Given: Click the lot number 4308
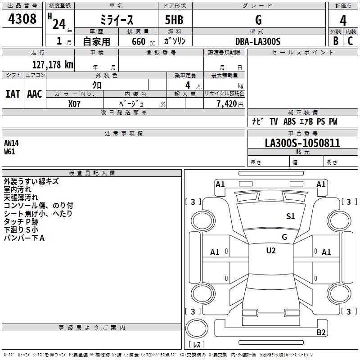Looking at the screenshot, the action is [x=22, y=19].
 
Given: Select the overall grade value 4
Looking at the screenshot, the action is [x=343, y=21].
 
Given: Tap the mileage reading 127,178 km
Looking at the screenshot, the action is [x=53, y=65].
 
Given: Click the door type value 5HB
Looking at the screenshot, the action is [x=174, y=20].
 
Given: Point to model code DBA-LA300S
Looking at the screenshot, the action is [x=258, y=41].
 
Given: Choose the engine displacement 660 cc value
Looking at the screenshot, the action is [x=143, y=42].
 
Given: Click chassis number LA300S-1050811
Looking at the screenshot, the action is [x=302, y=143].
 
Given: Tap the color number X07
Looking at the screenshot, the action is [x=74, y=104].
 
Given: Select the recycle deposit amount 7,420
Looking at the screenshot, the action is [x=226, y=104].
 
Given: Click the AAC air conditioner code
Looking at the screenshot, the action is [x=35, y=94].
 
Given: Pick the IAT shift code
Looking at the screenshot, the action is [x=13, y=94].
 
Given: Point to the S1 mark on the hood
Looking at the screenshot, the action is [x=290, y=216].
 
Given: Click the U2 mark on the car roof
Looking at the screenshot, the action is [x=271, y=251].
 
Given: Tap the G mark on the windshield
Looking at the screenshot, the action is [x=284, y=237].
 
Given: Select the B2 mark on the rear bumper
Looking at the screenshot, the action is [x=321, y=332].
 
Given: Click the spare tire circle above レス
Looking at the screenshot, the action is [x=197, y=328].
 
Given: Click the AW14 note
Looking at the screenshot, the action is [x=11, y=143].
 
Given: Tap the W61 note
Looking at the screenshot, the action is [x=9, y=152].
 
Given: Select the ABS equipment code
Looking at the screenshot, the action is [x=289, y=121].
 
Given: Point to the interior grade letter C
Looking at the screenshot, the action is [x=350, y=41].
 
